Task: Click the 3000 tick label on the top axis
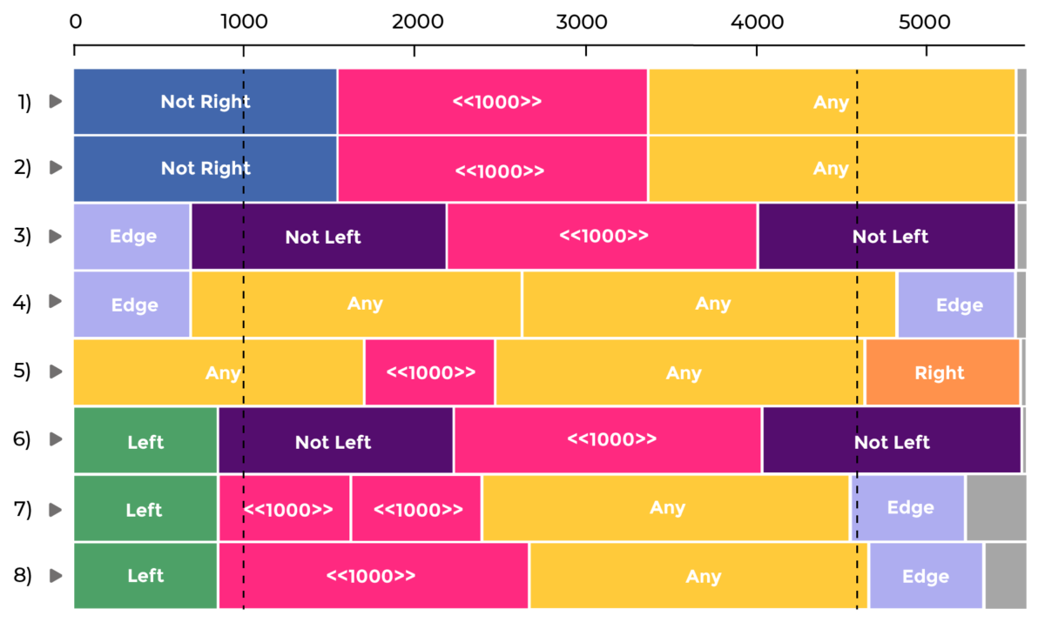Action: pos(582,22)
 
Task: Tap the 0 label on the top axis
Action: pos(76,22)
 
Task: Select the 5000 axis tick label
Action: pos(924,22)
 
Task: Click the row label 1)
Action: pos(24,102)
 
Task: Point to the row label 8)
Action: pos(23,575)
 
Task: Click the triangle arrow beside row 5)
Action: pos(56,371)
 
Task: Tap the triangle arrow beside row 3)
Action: pos(56,237)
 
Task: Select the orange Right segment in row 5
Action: pos(942,372)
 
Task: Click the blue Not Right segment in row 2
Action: pos(206,169)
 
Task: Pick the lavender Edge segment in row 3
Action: pos(131,237)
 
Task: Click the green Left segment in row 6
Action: pos(145,440)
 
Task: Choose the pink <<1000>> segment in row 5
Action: pos(429,372)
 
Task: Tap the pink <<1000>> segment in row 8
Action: pos(374,576)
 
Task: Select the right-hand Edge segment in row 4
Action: pos(956,304)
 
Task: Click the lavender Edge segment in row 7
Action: pos(907,508)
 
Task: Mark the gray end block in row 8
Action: pos(1006,576)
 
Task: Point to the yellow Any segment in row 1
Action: pos(832,102)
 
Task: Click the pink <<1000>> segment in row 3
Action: pos(602,237)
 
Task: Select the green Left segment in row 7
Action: pos(145,508)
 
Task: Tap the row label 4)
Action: pos(22,303)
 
